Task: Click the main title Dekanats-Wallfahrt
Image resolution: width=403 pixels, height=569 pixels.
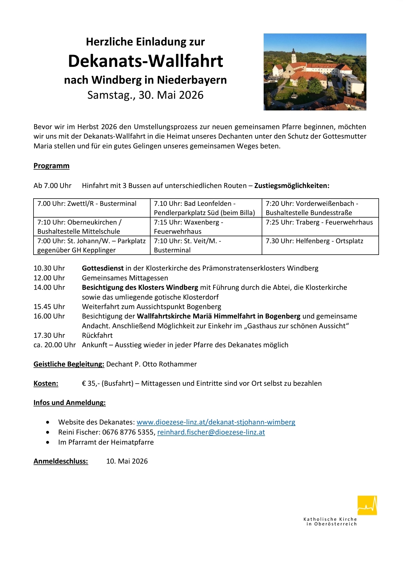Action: pos(146,61)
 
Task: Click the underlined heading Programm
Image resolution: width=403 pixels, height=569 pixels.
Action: pos(51,166)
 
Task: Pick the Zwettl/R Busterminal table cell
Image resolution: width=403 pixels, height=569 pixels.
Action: pos(92,208)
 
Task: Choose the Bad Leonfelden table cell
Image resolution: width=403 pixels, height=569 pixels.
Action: pos(206,208)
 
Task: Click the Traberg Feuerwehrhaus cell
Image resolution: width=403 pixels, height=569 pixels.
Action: pos(320,226)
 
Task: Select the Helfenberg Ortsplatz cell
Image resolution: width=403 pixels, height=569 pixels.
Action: pos(320,245)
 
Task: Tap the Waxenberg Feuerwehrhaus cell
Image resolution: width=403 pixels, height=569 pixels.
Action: pos(206,226)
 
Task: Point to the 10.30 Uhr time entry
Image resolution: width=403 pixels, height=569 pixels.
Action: pos(49,268)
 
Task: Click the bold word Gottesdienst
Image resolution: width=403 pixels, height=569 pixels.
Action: pos(102,268)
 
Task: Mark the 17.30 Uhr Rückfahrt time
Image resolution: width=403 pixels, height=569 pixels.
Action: pos(49,335)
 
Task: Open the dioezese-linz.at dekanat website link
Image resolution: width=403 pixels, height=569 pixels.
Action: pos(216,422)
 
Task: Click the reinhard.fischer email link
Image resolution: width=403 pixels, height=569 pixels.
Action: pos(211,432)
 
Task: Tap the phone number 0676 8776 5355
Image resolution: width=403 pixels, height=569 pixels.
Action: pos(128,432)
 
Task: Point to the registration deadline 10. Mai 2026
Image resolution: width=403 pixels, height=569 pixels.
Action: pos(127,461)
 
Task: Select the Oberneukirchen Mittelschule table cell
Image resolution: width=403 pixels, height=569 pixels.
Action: pos(92,226)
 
